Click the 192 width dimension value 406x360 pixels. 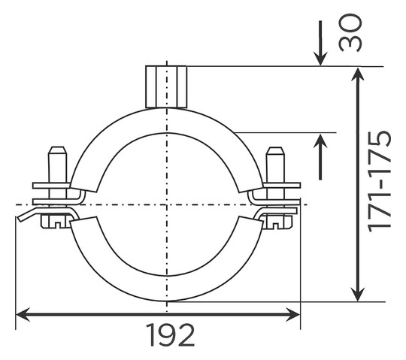pyautogui.click(x=170, y=335)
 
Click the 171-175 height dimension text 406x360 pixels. pyautogui.click(x=380, y=181)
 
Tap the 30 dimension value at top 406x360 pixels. pyautogui.click(x=350, y=33)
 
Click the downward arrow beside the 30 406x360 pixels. pyautogui.click(x=320, y=43)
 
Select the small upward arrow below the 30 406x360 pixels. pyautogui.click(x=320, y=157)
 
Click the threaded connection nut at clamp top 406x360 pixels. pyautogui.click(x=166, y=86)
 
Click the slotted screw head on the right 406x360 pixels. pyautogui.click(x=276, y=222)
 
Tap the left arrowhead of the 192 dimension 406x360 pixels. pyautogui.click(x=23, y=314)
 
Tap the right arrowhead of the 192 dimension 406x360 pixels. pyautogui.click(x=293, y=314)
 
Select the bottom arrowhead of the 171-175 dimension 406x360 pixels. pyautogui.click(x=358, y=295)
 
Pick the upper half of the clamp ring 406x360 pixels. pyautogui.click(x=167, y=120)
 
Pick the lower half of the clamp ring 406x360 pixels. pyautogui.click(x=167, y=289)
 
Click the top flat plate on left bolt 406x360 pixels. pyautogui.click(x=51, y=186)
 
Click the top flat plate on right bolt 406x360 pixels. pyautogui.click(x=282, y=186)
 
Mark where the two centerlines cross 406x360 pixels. pyautogui.click(x=167, y=204)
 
